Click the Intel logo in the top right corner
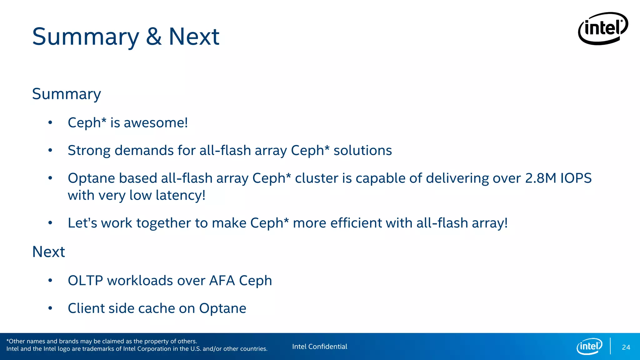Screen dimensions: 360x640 coord(603,28)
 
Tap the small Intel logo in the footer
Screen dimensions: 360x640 coord(589,346)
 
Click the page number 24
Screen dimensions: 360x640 coord(626,347)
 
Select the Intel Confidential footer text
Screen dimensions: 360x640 coord(319,347)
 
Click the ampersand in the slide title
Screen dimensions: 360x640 coord(154,37)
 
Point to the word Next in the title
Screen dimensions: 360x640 coord(194,37)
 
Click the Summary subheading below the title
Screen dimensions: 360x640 coord(67,94)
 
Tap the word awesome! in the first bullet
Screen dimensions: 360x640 coord(156,123)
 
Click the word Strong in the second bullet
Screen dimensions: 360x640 coord(89,151)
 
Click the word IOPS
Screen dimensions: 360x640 coord(576,178)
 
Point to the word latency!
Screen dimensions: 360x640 coord(180,196)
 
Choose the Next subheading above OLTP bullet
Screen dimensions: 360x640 coord(48,252)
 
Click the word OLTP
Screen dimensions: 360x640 coord(85,281)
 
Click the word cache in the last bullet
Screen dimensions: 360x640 coord(156,308)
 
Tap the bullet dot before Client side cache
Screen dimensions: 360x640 coord(50,308)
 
